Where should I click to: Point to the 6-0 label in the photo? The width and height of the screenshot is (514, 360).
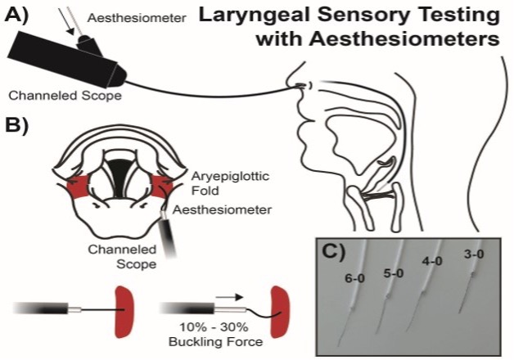pos(356,278)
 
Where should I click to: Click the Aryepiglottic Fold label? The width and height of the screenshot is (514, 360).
pos(214,183)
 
